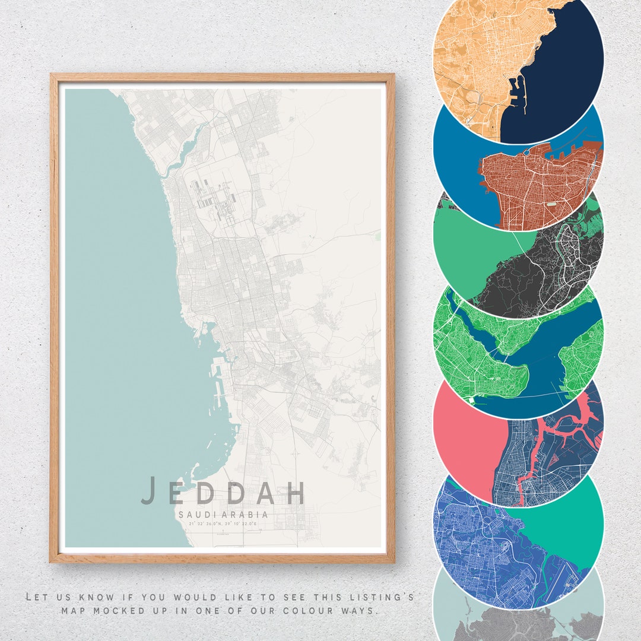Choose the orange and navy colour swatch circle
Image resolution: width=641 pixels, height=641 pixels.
[518, 59]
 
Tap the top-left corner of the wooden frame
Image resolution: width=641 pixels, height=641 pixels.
[52, 75]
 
